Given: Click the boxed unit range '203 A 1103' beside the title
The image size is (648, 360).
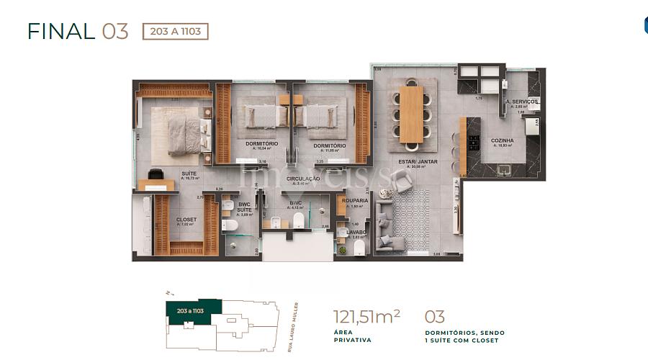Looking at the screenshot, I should tap(176, 31).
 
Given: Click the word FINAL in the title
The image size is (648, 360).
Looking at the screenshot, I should tap(61, 32).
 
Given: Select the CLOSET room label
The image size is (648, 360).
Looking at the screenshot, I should tap(186, 219).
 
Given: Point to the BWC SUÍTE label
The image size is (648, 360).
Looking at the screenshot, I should tap(245, 207).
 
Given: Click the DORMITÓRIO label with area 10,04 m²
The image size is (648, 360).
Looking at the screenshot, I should tap(257, 145).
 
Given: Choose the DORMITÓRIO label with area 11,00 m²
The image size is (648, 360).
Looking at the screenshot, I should tap(329, 145).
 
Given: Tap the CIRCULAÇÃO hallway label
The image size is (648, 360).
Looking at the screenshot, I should tap(303, 178).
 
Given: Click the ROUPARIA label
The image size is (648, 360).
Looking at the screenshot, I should tap(355, 201).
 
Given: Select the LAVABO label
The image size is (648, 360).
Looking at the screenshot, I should tap(356, 232).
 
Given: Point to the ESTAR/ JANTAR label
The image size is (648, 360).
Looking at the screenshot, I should tap(418, 162).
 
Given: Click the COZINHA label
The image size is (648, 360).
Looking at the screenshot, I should tap(502, 140).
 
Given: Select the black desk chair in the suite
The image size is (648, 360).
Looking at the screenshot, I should tap(156, 174).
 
